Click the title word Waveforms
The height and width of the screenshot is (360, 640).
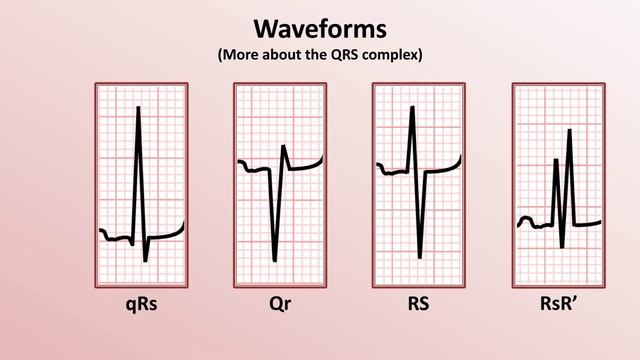319,26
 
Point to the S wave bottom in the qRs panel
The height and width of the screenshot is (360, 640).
145,261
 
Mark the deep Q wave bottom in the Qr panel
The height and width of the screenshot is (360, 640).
275,261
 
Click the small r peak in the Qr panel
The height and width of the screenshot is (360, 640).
284,147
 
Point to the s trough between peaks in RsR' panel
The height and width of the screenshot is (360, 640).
563,246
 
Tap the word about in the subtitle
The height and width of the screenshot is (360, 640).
283,55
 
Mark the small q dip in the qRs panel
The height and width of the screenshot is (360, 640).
132,244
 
